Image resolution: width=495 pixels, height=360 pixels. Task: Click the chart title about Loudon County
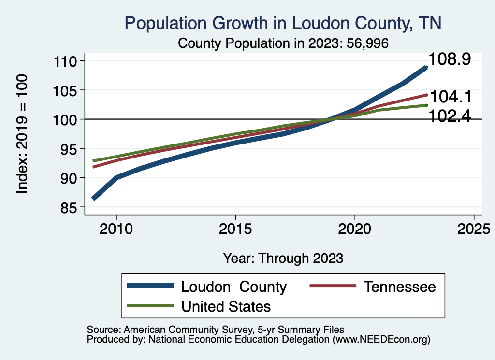click(x=283, y=23)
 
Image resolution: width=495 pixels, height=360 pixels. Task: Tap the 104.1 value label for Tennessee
click(x=450, y=97)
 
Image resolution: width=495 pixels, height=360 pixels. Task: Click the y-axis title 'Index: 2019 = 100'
click(x=22, y=134)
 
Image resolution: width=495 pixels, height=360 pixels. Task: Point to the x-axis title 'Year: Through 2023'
click(x=283, y=258)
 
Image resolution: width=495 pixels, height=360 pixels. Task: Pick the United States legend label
click(x=226, y=306)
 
